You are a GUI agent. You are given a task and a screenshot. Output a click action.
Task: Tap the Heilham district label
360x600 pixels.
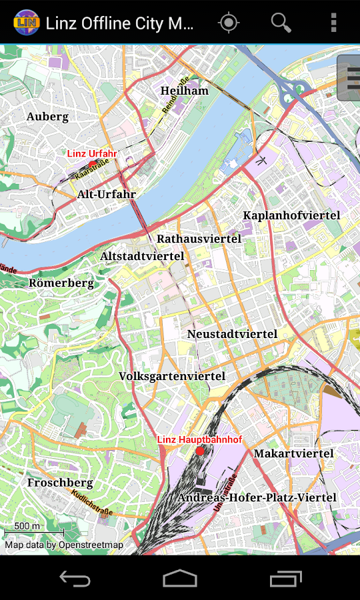[x=185, y=91]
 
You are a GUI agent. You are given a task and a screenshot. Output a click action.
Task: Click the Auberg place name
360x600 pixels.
[x=47, y=117]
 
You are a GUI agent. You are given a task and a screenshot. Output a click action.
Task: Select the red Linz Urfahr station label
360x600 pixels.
[x=91, y=153]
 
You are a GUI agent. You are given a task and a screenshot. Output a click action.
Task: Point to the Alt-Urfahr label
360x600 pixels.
[x=107, y=195]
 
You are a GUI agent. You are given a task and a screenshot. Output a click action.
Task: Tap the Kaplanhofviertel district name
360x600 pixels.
[x=291, y=215]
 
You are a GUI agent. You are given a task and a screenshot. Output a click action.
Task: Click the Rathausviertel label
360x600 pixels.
[x=199, y=238]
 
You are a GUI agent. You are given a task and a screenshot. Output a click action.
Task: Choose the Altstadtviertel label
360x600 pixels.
[x=142, y=256]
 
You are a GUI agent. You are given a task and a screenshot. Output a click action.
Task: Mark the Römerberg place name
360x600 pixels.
[x=61, y=283]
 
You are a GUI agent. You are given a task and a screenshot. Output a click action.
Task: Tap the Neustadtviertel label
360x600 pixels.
[x=232, y=333]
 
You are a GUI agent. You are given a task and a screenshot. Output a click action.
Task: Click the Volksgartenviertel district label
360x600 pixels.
[x=172, y=376]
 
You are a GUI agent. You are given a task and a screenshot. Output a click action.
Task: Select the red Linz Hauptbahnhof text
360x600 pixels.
[x=199, y=440]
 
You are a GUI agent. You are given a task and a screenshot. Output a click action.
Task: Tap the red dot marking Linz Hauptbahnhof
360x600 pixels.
[x=200, y=451]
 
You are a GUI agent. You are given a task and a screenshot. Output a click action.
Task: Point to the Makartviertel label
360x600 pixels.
[x=293, y=453]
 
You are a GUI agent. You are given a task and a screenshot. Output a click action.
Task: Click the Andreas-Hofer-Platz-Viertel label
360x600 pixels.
[x=257, y=497]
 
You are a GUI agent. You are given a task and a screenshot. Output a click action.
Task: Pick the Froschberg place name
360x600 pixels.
[x=60, y=482]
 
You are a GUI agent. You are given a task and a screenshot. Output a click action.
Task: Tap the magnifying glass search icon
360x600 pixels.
[x=281, y=23]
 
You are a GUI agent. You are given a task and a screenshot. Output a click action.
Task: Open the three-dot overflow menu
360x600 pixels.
[x=333, y=23]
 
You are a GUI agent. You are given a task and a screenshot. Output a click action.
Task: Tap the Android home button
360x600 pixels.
[x=180, y=578]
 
